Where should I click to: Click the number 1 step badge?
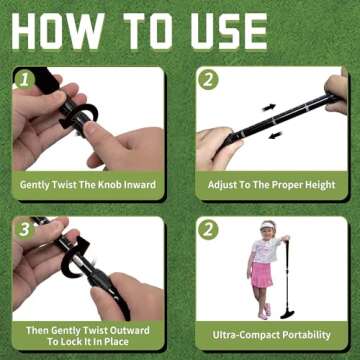24,78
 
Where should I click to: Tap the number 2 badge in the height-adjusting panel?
209,78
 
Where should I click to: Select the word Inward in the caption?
144,184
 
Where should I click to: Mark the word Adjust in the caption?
225,184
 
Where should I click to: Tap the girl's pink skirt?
263,274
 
